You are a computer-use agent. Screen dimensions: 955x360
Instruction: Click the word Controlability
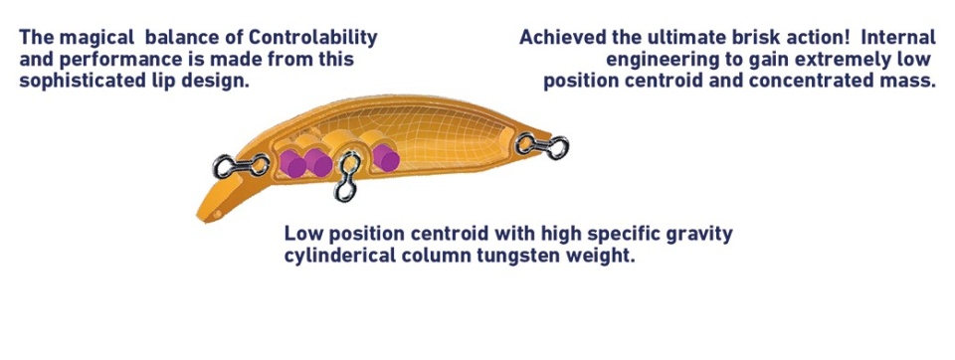click(x=313, y=38)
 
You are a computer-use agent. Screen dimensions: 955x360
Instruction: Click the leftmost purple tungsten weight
click(x=292, y=164)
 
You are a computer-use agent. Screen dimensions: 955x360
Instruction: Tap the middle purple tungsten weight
click(x=318, y=163)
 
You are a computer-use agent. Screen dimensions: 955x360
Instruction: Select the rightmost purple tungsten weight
click(x=386, y=158)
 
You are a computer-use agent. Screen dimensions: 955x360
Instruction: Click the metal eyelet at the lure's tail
click(x=542, y=146)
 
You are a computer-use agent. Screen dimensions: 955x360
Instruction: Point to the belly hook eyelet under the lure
click(x=346, y=177)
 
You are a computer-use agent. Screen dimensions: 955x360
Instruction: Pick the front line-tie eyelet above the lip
click(x=241, y=165)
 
